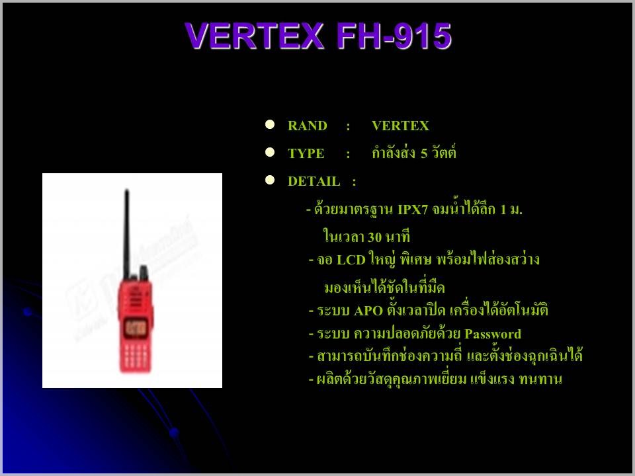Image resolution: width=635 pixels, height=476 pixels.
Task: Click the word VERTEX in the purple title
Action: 255,36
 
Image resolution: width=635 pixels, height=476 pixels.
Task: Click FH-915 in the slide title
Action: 394,36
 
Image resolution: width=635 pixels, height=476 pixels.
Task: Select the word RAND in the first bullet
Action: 308,126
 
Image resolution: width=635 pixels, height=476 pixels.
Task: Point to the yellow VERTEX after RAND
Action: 400,126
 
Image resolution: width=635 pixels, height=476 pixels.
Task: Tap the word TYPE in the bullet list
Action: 306,153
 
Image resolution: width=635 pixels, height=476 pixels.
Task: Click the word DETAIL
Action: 314,181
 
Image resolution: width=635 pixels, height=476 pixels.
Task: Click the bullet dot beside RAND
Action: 270,124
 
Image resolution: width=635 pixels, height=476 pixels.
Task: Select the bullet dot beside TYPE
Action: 270,152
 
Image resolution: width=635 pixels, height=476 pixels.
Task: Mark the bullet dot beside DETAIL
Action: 270,180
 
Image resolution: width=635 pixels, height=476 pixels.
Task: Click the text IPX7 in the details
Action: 413,210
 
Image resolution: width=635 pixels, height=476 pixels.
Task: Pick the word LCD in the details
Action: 351,260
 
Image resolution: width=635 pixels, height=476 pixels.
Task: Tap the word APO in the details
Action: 368,311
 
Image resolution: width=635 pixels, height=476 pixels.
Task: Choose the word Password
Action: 492,334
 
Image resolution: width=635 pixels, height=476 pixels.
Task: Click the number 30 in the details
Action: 374,237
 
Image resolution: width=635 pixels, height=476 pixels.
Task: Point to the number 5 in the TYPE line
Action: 423,153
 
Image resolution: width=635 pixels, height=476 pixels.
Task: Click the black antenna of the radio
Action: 127,233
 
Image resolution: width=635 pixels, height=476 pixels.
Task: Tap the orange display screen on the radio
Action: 136,327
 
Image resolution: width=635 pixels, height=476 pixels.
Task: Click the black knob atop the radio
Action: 144,273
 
